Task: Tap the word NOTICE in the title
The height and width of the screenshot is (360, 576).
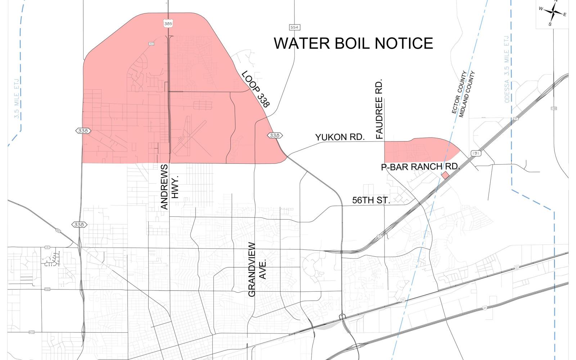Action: (405, 43)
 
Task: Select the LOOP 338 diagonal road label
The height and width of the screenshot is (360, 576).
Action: (255, 89)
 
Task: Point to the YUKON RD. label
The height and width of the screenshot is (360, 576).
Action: (340, 137)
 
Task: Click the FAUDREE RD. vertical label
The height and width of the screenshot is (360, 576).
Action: (379, 109)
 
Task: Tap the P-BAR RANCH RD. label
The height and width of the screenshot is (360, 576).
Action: (420, 167)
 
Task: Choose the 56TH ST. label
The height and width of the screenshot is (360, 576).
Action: (371, 201)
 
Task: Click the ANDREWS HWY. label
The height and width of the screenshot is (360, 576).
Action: (169, 187)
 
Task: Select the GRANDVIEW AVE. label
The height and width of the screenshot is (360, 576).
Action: (257, 270)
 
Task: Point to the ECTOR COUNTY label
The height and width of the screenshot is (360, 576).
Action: (459, 93)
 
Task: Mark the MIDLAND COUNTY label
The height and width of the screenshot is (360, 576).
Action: (467, 94)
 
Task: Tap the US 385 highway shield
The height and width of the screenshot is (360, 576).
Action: (168, 23)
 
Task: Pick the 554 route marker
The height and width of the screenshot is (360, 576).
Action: (294, 27)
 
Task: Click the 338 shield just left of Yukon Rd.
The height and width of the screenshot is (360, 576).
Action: (275, 135)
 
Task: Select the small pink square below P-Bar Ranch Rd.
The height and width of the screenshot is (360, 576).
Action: (445, 175)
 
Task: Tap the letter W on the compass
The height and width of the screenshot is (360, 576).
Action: (541, 9)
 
